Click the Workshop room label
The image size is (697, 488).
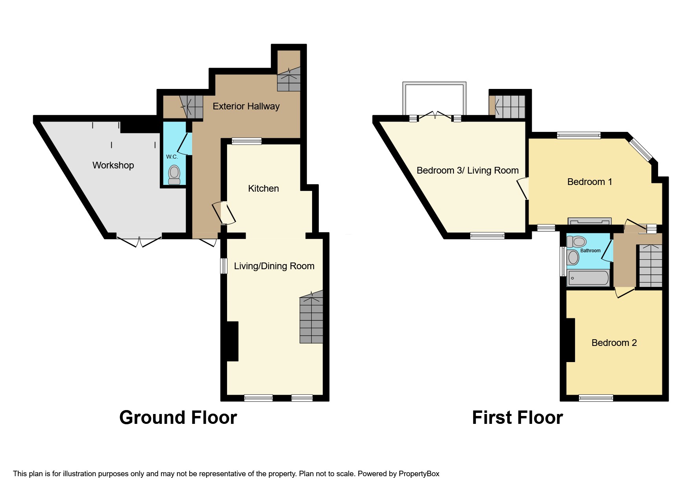(x=113, y=165)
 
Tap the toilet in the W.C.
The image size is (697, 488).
(x=174, y=174)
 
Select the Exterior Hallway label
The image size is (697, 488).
(x=246, y=106)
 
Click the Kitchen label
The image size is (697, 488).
(x=263, y=189)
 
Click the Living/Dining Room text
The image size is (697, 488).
(x=274, y=266)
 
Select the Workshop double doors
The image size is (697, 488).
(x=139, y=240)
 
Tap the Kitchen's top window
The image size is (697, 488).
(x=246, y=141)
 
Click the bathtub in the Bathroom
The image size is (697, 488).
(x=588, y=278)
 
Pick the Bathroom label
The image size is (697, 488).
(x=590, y=251)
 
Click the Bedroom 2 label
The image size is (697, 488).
(x=614, y=343)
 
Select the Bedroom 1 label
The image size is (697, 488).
(x=589, y=182)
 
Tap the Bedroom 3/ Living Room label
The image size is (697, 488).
(x=467, y=170)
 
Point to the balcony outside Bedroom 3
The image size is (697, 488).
(x=434, y=98)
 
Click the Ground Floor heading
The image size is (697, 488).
(x=178, y=418)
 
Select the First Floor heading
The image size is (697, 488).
(x=517, y=418)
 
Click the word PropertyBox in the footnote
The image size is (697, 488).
(x=419, y=474)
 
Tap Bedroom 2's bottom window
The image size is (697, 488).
(x=595, y=398)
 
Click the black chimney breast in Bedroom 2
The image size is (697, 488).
(x=570, y=340)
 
